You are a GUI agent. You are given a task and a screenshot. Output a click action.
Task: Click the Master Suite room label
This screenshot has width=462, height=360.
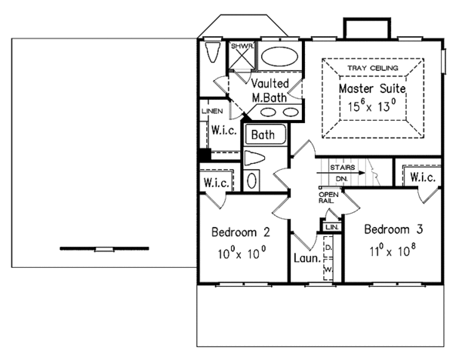coord(372,90)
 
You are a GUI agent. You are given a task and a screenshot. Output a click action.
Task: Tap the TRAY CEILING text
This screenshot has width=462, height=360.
coord(372,68)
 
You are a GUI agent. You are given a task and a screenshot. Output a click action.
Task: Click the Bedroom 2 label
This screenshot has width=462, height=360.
coord(240,232)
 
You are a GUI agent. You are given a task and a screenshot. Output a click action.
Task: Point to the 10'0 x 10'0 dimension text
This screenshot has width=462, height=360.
coord(240,252)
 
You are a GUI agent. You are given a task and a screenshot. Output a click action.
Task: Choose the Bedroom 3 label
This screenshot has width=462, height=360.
coord(393,230)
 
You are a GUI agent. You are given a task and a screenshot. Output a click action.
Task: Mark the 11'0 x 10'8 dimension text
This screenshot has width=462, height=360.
coord(393,250)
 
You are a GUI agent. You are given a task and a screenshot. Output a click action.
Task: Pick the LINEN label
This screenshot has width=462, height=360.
coord(212,111)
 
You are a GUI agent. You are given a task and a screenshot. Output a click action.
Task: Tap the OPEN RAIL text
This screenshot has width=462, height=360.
coord(326,198)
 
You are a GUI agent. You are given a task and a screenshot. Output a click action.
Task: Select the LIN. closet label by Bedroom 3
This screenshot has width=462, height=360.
coord(332,228)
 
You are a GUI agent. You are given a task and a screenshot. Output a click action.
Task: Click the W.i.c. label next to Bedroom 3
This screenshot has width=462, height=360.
coord(423,178)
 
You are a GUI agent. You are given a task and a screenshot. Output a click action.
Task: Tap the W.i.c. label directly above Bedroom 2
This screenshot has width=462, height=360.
coord(217,182)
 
